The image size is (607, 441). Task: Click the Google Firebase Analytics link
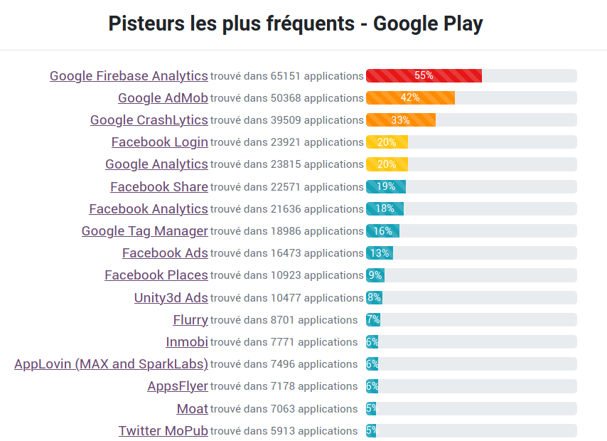click(129, 76)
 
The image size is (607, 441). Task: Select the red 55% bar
click(424, 75)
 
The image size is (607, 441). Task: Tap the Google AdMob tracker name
click(163, 98)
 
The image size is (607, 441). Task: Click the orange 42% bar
click(410, 97)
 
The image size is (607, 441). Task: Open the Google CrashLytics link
click(149, 120)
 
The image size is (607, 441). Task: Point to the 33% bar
click(401, 120)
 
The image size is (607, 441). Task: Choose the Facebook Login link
click(160, 142)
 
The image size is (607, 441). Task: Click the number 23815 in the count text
click(286, 164)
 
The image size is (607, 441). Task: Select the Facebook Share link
click(159, 187)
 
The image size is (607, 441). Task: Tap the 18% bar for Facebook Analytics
click(385, 208)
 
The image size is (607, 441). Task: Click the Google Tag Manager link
click(145, 231)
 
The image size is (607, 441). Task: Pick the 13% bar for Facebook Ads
click(380, 253)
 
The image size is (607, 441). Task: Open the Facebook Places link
click(156, 275)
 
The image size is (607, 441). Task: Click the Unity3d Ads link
click(171, 298)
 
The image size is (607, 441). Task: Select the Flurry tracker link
click(190, 320)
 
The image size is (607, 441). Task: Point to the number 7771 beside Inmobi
click(283, 342)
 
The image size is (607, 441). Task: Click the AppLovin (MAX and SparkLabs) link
click(111, 364)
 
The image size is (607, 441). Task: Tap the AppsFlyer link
click(178, 386)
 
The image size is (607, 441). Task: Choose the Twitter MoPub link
click(163, 431)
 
